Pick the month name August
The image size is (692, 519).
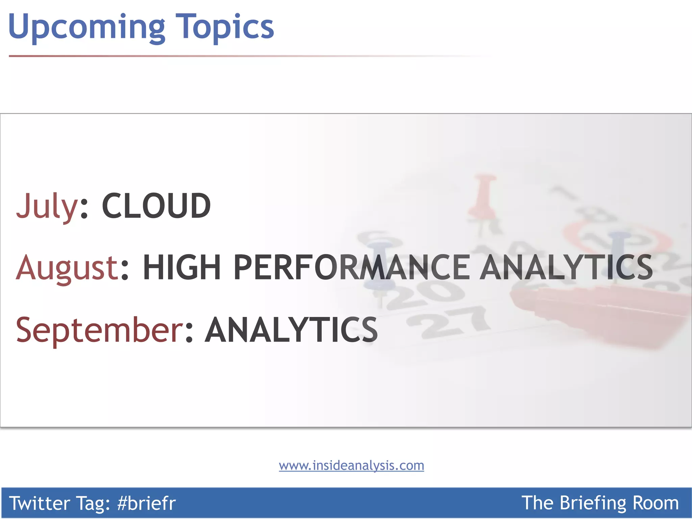coord(67,268)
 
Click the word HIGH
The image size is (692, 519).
coord(182,268)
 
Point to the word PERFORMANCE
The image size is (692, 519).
coord(351,268)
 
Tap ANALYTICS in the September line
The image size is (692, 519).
coord(291,330)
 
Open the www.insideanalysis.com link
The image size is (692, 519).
coord(351,466)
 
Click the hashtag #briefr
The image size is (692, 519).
coord(146,503)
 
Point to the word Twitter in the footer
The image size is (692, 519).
coord(39,503)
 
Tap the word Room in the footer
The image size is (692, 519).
coord(655,503)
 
